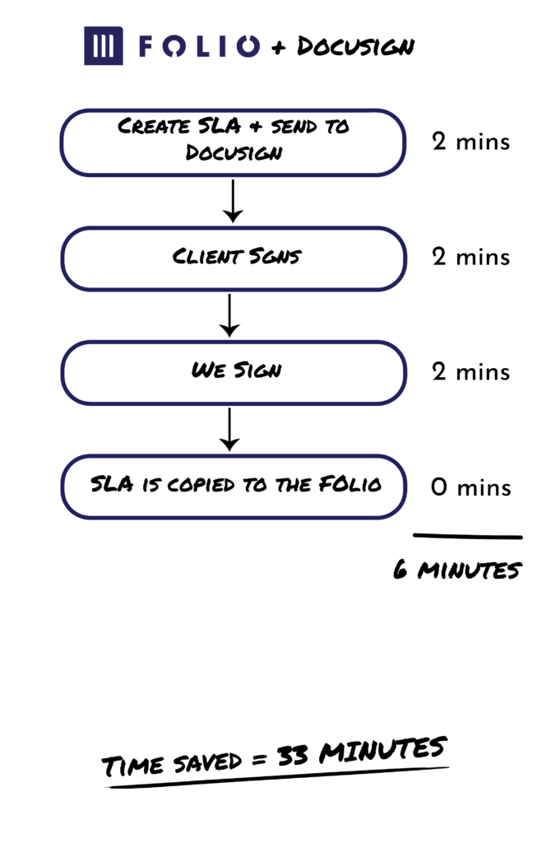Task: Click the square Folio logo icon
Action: tap(103, 46)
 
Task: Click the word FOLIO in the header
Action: tap(199, 46)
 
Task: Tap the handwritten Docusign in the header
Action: tap(356, 47)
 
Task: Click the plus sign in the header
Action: tap(278, 49)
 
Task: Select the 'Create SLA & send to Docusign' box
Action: tap(233, 142)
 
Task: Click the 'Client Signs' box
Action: tap(233, 258)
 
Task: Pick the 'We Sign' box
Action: tap(233, 373)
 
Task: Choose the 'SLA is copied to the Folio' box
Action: tap(233, 487)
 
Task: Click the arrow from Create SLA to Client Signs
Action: tap(233, 201)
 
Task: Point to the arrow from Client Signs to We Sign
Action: tap(229, 315)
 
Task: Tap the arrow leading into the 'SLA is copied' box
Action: tap(229, 430)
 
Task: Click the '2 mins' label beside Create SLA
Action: tap(471, 142)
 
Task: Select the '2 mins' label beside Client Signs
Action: tap(471, 257)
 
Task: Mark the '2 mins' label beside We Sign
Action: tap(471, 371)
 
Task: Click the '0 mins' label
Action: tap(471, 487)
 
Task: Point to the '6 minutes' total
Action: tap(457, 570)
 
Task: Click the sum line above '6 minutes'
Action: tap(468, 536)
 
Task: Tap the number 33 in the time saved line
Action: tap(293, 756)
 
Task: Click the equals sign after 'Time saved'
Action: tap(260, 760)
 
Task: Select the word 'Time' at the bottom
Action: tap(132, 765)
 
